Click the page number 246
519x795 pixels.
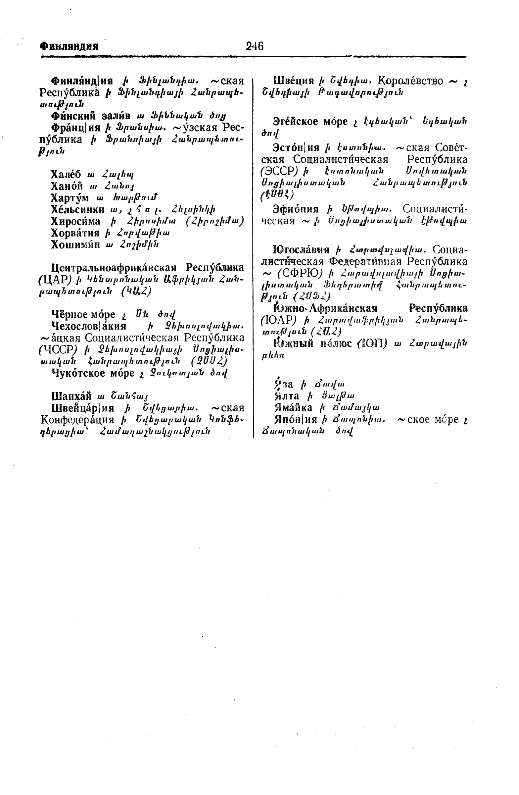(x=254, y=46)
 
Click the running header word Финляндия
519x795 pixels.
(x=69, y=46)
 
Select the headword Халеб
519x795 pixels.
(x=66, y=174)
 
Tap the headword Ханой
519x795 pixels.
(x=67, y=186)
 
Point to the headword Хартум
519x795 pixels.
(x=70, y=198)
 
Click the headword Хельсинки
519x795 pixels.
(x=77, y=209)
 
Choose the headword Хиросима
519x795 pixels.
(x=75, y=221)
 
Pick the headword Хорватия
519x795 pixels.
(x=75, y=233)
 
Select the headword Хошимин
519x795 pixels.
(x=75, y=244)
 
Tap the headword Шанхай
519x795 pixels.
(x=71, y=396)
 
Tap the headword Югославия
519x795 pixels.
(x=301, y=249)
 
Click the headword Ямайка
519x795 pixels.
(x=293, y=407)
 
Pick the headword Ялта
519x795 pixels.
(x=287, y=396)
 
